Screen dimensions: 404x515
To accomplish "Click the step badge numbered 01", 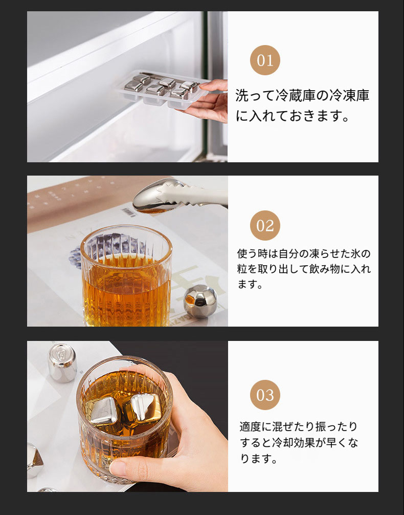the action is tap(265, 60).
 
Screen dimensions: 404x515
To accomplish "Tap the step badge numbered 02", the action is tap(265, 225).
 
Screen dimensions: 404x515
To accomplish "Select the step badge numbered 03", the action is tap(265, 395).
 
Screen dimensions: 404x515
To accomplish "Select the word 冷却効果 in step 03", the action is tap(294, 442).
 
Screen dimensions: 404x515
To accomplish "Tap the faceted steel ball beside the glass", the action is tap(200, 301).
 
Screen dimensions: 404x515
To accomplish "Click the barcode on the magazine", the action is tap(129, 212).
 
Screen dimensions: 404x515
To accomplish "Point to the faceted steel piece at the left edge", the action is tap(35, 460).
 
